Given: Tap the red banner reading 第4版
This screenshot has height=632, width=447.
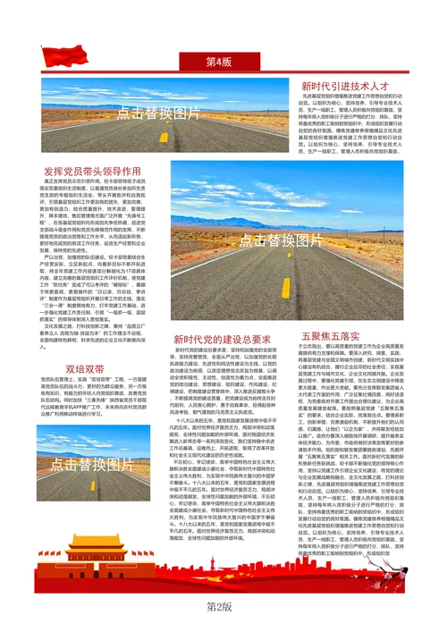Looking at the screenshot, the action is coord(218,63).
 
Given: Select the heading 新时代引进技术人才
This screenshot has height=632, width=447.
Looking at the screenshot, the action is coord(343,86).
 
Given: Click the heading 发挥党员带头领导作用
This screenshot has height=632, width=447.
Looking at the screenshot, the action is coord(92,170).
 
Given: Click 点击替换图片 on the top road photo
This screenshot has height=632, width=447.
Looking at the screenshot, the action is coord(159,114).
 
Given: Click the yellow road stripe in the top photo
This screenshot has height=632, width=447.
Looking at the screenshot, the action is coord(164,138).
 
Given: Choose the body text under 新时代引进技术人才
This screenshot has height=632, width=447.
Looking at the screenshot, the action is coord(343,124).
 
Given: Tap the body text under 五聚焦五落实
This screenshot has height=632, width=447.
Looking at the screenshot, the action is coord(344,429).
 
